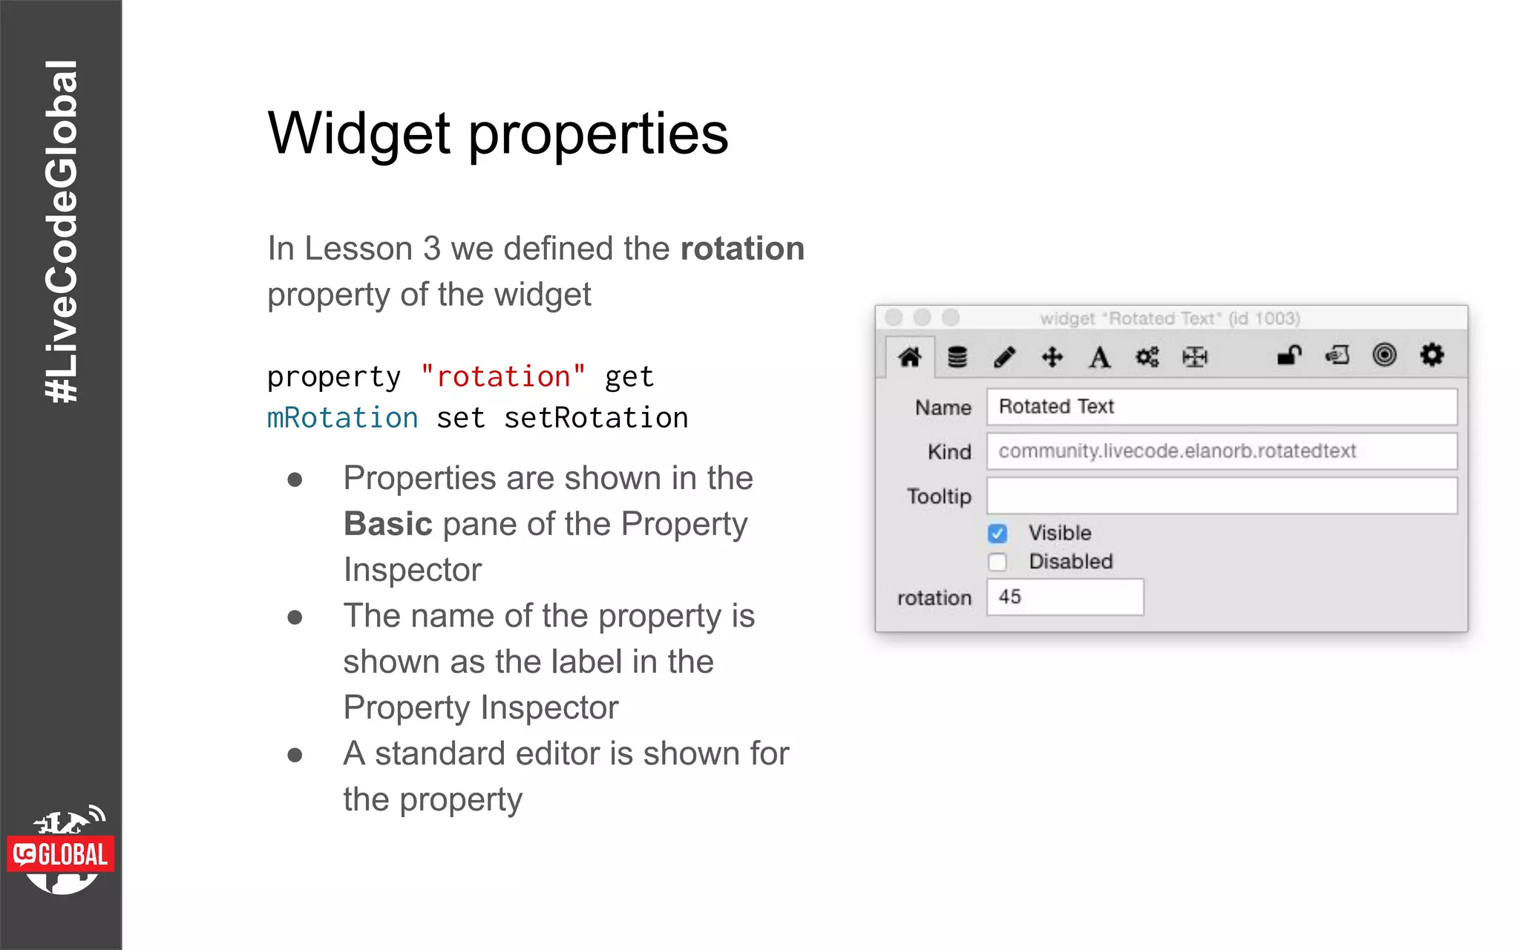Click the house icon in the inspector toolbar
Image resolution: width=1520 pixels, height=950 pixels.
[x=909, y=357]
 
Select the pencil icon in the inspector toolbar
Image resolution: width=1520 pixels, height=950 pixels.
[x=1004, y=357]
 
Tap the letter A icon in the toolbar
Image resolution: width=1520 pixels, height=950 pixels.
[x=1099, y=357]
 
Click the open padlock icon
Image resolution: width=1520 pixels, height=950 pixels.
[x=1289, y=356]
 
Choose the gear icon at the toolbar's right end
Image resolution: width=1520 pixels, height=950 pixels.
[x=1432, y=355]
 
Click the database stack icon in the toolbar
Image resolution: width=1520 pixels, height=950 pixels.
[x=957, y=357]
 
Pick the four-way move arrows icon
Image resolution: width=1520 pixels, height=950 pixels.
[x=1052, y=357]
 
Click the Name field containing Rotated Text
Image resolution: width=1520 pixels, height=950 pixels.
[x=1221, y=407]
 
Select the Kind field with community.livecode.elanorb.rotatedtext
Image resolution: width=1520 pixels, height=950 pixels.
[x=1221, y=451]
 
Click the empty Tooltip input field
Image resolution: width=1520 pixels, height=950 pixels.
[x=1221, y=496]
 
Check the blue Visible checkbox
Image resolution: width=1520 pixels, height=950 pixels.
[x=997, y=534]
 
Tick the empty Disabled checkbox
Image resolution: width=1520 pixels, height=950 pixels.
[x=997, y=562]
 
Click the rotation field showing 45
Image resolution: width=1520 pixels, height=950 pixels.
[x=1064, y=597]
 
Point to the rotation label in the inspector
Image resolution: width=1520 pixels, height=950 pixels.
[x=934, y=598]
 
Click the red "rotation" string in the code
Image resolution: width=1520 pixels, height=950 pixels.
[x=502, y=377]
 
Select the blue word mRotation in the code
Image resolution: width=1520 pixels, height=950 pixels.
[x=342, y=418]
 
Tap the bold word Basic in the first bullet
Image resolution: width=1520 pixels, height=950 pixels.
[x=387, y=524]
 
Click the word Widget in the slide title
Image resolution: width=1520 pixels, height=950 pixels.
[x=359, y=134]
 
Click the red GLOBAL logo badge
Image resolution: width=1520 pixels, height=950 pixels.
[x=61, y=854]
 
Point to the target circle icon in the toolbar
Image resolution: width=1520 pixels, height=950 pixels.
[x=1384, y=355]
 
